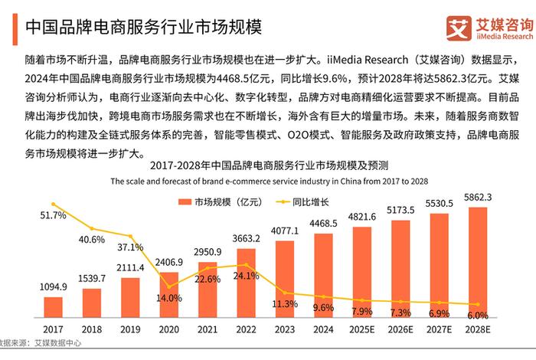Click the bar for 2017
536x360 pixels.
[x=53, y=307]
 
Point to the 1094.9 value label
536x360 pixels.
[x=53, y=287]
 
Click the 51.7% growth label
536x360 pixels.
[x=53, y=216]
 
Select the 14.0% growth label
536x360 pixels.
[x=169, y=298]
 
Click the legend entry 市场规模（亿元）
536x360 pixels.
[x=214, y=201]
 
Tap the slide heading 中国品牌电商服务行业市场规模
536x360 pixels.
[x=144, y=28]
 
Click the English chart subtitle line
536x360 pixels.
[x=269, y=181]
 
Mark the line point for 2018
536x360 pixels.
[x=92, y=228]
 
